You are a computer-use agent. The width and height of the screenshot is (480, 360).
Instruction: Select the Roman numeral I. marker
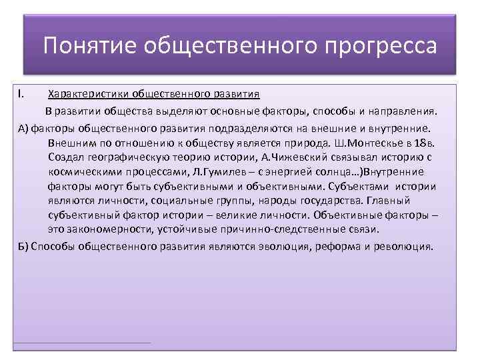tap(21, 94)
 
